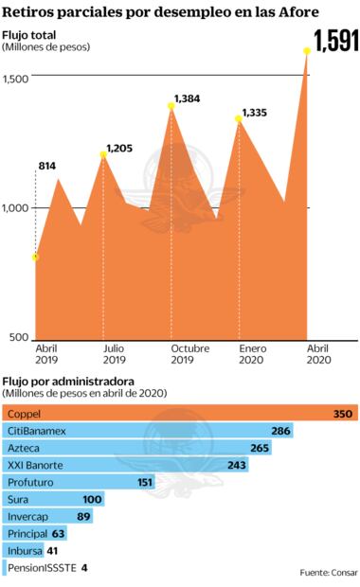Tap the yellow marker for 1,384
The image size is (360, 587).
[171, 106]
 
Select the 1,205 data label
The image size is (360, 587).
[121, 149]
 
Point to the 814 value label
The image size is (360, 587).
[46, 167]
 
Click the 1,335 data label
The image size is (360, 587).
[254, 114]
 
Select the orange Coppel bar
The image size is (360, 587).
[180, 414]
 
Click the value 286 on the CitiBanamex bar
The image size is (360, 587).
[280, 431]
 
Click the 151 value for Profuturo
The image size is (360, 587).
[145, 482]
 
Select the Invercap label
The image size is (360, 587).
[28, 516]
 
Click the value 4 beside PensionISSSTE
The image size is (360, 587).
[84, 567]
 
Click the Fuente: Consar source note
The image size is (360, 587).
[327, 573]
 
